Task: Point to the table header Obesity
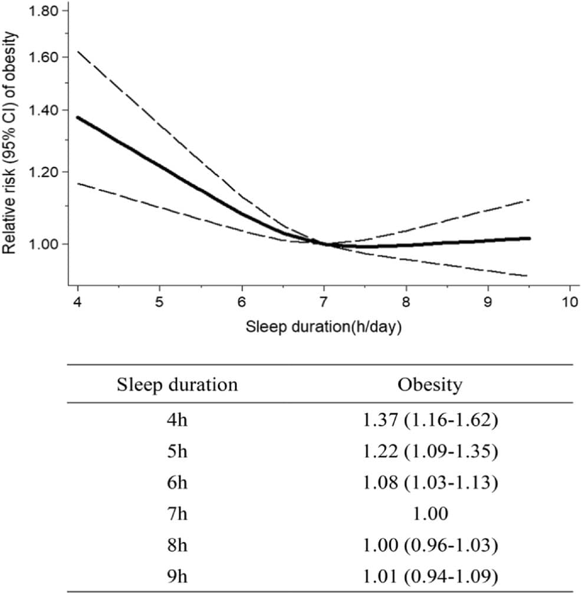(430, 385)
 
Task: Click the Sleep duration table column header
(177, 385)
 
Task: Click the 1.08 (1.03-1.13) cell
(430, 481)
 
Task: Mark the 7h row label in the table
(177, 513)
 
